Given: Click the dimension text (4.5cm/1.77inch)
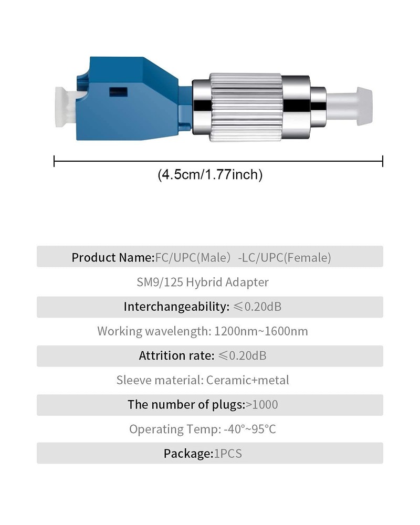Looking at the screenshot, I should click(210, 175).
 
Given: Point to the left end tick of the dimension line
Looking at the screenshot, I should click(54, 161).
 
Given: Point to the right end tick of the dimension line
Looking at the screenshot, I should click(383, 161).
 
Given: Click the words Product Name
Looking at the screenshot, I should click(112, 258).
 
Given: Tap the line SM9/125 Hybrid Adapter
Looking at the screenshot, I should click(203, 282).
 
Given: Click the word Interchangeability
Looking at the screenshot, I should click(175, 307).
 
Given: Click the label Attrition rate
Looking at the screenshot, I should click(176, 356).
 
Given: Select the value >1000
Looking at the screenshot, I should click(262, 405).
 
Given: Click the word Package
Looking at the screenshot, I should click(187, 454).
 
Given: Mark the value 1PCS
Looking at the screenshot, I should click(228, 454).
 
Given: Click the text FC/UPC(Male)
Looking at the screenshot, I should click(195, 258).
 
